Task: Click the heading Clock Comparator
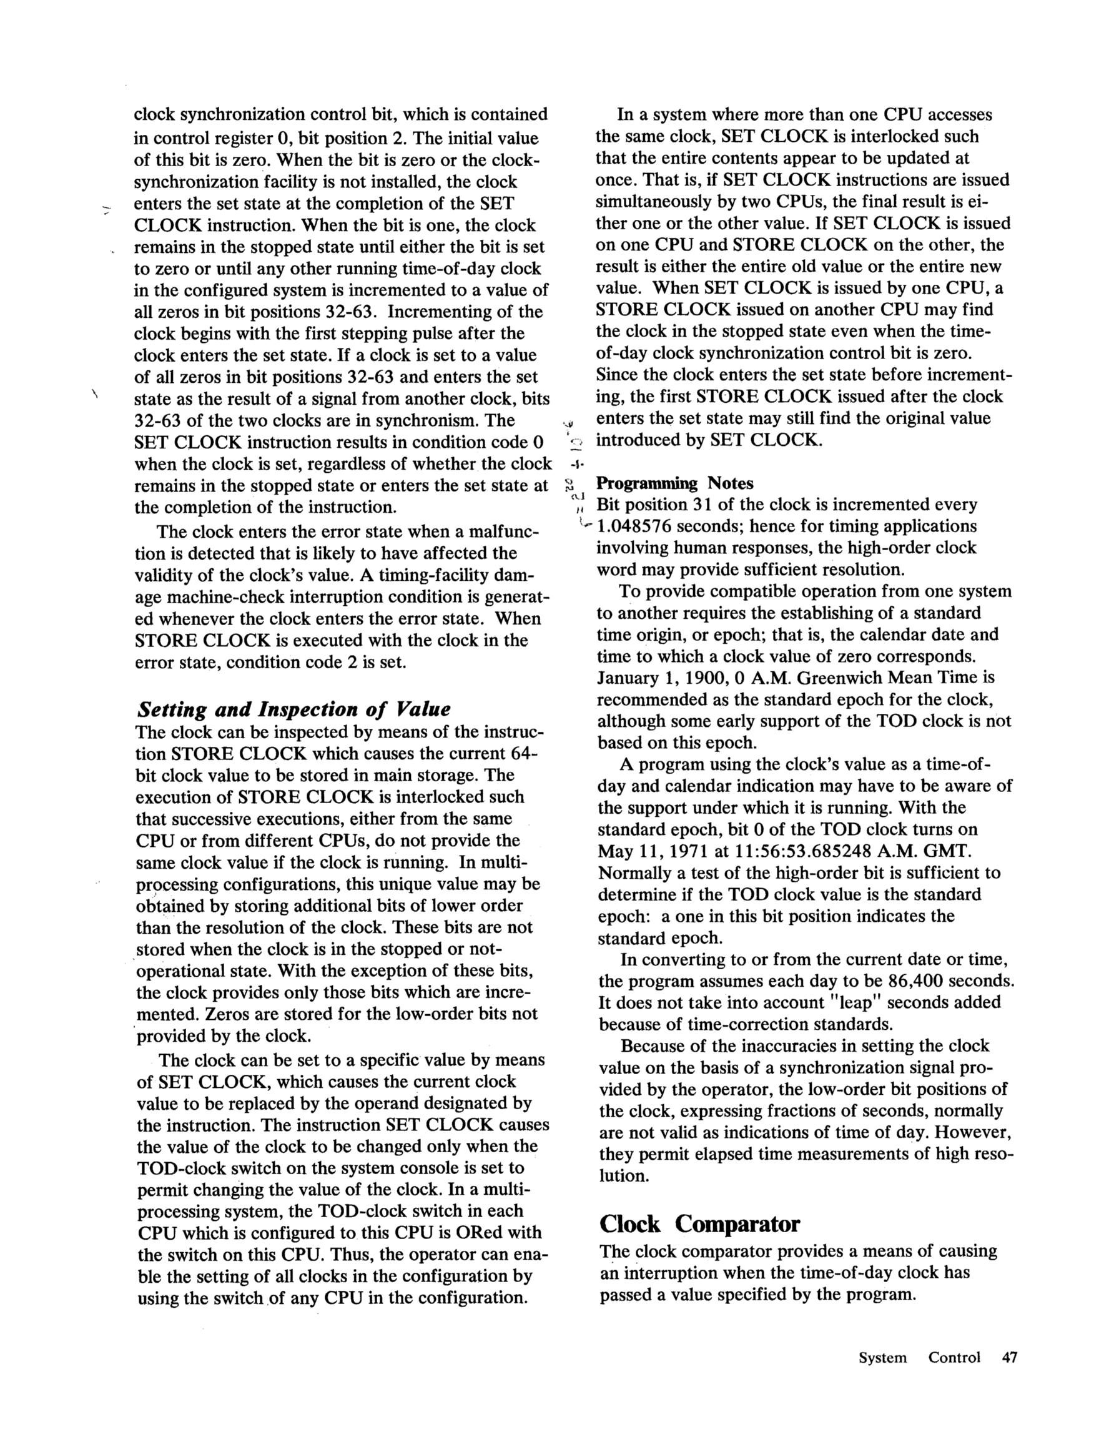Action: [x=699, y=1224]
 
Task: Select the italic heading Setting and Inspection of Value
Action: [x=293, y=710]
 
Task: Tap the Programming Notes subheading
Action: [x=674, y=483]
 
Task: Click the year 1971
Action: [x=687, y=851]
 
